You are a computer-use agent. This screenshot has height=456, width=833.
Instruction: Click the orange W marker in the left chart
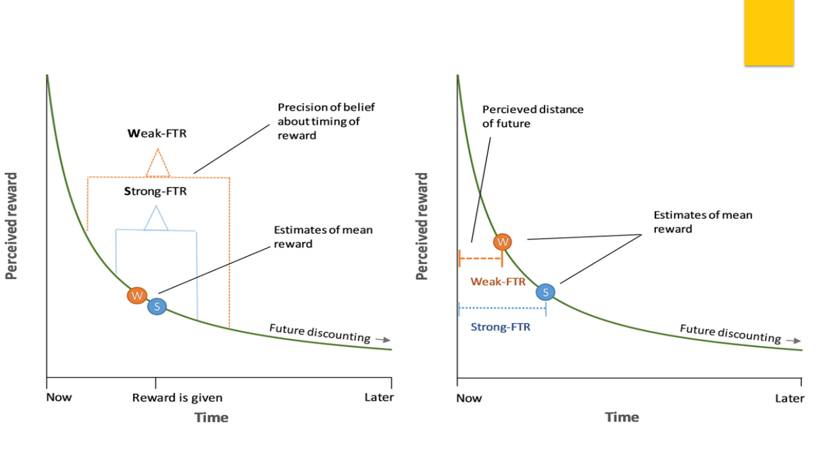tap(137, 295)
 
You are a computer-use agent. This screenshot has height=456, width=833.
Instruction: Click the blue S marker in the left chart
tap(157, 306)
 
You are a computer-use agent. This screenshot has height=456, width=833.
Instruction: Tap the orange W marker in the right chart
tap(502, 241)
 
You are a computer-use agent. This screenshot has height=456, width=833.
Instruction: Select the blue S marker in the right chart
tap(545, 292)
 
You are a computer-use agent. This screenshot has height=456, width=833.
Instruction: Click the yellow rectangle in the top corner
tap(769, 32)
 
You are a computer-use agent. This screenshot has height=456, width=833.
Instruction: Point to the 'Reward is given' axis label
tap(177, 397)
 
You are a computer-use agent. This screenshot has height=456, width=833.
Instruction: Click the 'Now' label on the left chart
tap(59, 397)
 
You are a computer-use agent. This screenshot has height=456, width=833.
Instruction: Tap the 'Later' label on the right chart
tap(789, 398)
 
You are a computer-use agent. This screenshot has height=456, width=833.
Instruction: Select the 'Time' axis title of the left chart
tap(211, 417)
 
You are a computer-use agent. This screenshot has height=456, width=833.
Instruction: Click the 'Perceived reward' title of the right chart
tap(422, 226)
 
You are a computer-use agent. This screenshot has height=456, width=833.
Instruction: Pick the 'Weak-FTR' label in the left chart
tap(157, 134)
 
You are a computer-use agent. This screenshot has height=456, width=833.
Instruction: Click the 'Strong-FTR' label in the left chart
tap(155, 191)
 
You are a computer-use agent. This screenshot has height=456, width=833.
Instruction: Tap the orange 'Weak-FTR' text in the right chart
tap(498, 282)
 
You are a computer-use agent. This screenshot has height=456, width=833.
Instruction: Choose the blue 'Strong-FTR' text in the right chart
tap(501, 327)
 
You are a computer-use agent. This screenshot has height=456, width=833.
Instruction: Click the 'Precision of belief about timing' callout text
tap(326, 121)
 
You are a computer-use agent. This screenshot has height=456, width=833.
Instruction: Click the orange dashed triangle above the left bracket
tap(157, 163)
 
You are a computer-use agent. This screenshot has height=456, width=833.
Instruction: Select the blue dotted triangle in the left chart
tap(156, 218)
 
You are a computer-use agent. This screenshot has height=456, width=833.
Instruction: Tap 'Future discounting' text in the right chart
tap(730, 333)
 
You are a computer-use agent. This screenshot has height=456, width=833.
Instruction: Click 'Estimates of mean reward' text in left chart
tap(323, 236)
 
